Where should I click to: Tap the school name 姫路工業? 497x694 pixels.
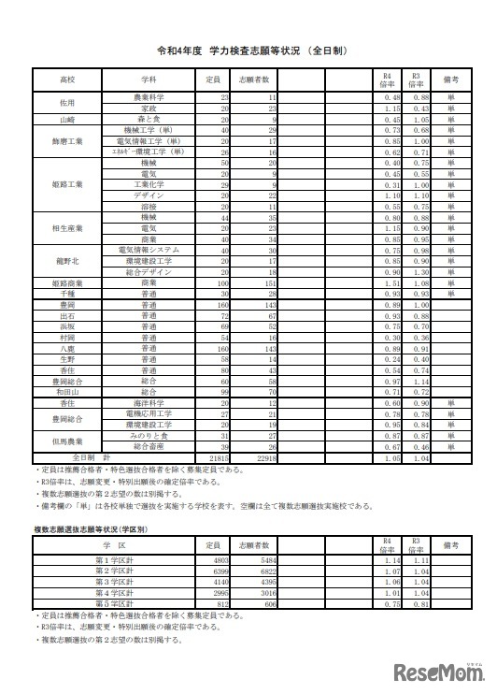click(x=67, y=184)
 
